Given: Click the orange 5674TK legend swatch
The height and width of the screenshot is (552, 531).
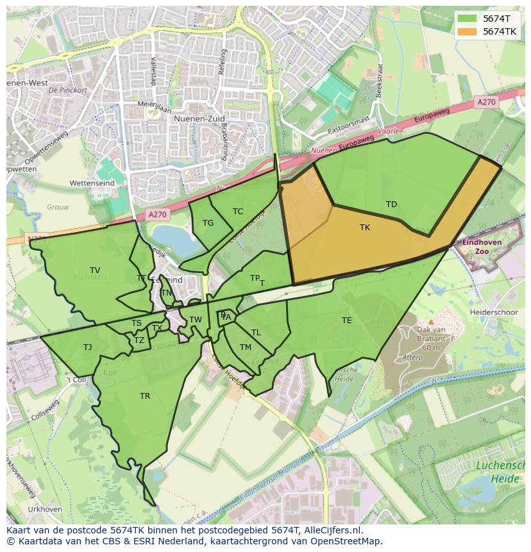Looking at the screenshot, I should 468,31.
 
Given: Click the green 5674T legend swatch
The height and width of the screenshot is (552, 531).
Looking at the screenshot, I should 468,19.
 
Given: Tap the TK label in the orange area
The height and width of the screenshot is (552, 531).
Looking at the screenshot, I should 365,228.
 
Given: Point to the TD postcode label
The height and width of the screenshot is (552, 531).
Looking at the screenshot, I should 391,205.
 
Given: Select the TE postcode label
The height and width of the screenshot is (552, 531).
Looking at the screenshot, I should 347,321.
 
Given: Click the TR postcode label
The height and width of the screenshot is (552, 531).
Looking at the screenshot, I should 145,396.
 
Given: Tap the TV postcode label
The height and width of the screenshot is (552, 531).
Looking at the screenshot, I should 95,271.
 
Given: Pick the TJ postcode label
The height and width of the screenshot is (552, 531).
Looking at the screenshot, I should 87,347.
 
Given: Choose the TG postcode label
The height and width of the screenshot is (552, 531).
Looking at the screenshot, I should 208,223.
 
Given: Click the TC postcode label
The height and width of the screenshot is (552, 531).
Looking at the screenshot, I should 238,212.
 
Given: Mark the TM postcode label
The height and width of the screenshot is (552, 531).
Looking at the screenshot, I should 246,347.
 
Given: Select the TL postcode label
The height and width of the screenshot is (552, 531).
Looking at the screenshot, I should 256,333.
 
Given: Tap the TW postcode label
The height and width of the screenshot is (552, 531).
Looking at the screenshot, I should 196,320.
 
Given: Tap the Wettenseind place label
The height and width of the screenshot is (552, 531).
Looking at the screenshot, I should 92,183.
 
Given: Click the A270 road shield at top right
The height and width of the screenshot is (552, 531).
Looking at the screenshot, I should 486,102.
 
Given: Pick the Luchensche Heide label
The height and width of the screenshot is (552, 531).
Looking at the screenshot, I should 500,473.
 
